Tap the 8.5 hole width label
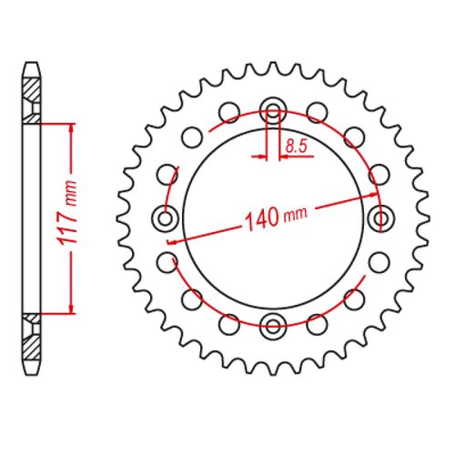click(x=296, y=145)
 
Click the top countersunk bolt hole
click(x=273, y=112)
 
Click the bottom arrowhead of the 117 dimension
click(x=69, y=309)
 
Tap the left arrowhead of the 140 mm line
click(x=173, y=240)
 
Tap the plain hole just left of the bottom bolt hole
click(x=230, y=322)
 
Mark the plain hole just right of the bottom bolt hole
click(x=316, y=322)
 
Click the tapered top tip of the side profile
click(x=33, y=66)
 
